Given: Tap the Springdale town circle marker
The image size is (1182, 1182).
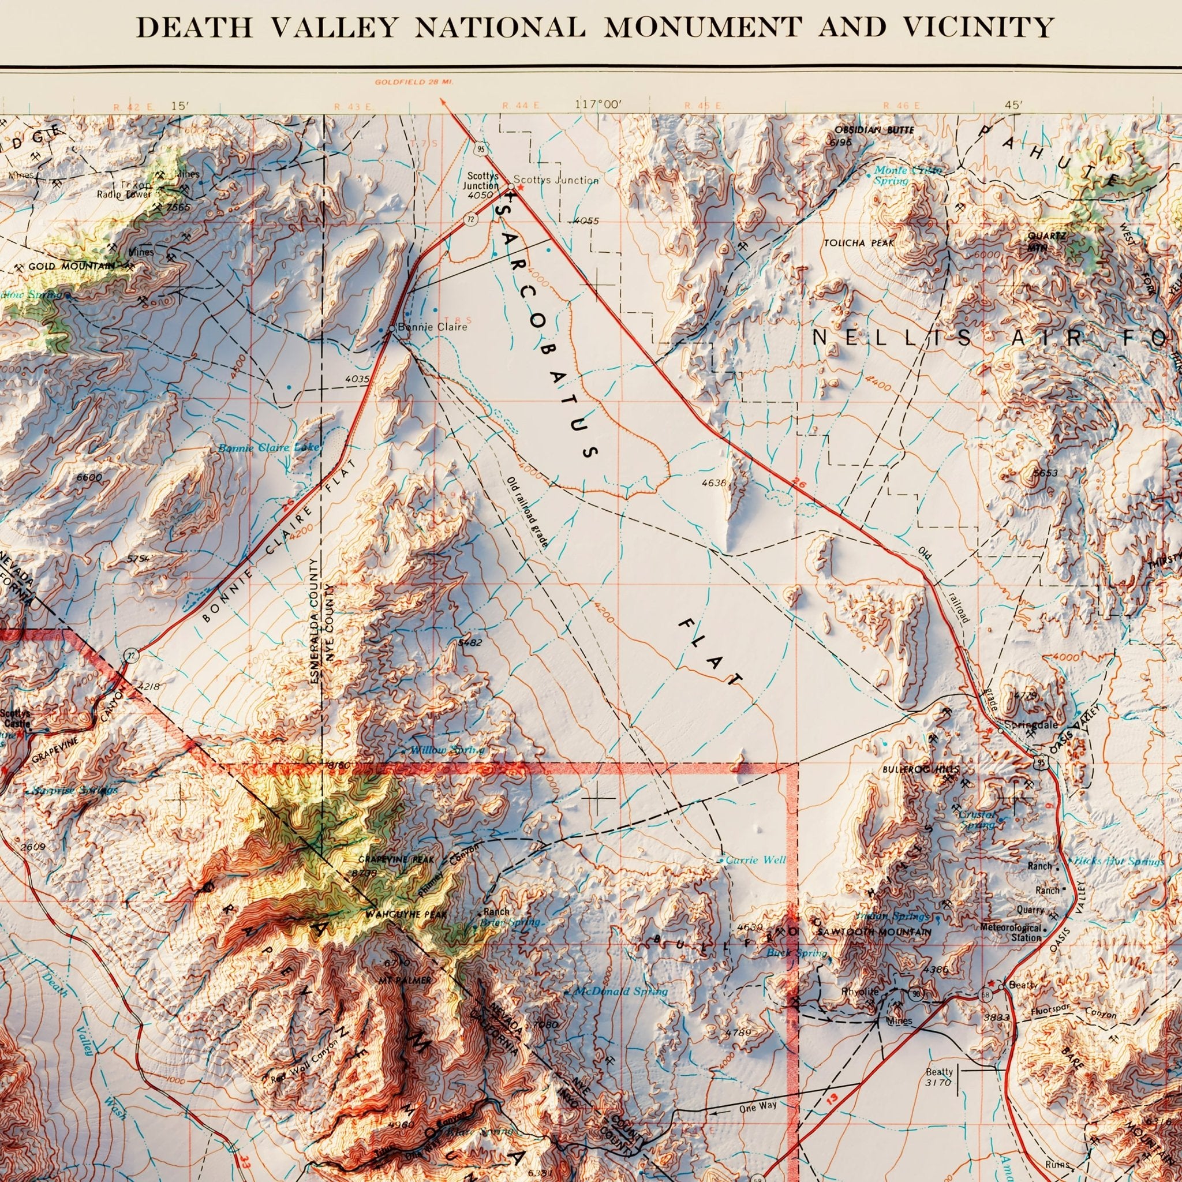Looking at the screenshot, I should (1000, 730).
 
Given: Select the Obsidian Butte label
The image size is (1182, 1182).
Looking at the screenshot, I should (874, 130).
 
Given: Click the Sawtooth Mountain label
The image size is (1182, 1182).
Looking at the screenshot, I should (874, 933).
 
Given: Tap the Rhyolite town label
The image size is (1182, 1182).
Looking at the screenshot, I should (859, 992).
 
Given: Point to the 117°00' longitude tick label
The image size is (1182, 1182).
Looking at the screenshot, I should (598, 104).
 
